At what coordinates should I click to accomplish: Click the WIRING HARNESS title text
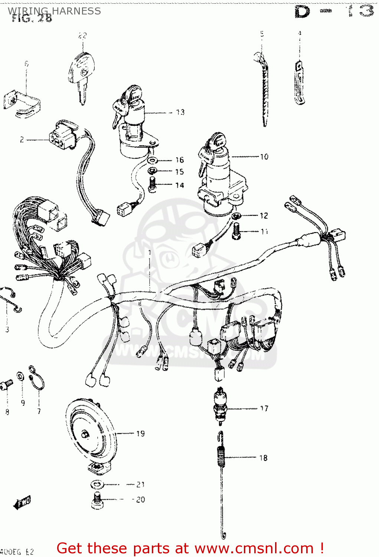[x=54, y=11]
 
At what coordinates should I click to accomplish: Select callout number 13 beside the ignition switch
[x=180, y=112]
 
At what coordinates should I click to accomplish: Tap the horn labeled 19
[x=91, y=433]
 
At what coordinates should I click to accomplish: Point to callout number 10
[x=264, y=157]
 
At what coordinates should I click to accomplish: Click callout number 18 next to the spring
[x=263, y=458]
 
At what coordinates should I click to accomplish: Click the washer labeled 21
[x=97, y=485]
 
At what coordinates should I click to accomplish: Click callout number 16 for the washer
[x=180, y=160]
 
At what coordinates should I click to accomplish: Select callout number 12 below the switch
[x=264, y=216]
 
